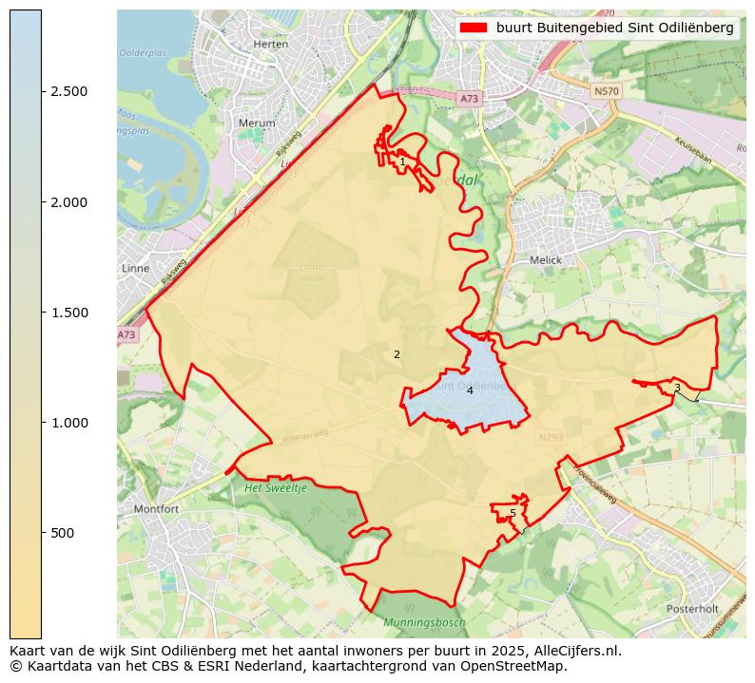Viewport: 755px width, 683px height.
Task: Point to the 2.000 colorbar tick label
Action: (x=69, y=202)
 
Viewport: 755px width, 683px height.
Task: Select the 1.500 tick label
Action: (x=69, y=313)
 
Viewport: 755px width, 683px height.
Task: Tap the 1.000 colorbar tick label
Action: (x=69, y=423)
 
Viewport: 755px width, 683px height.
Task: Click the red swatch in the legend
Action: (x=474, y=28)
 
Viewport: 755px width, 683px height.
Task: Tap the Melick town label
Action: (x=546, y=260)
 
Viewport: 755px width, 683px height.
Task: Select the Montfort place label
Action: (x=156, y=509)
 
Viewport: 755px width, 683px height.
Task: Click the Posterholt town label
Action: (x=691, y=609)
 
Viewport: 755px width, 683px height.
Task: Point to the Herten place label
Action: (x=271, y=45)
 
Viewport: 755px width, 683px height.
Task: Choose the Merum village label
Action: (x=257, y=123)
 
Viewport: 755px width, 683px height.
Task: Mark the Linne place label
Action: (x=136, y=269)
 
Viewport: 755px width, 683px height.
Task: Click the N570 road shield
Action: (x=605, y=91)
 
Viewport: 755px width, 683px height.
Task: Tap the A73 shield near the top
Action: (x=469, y=98)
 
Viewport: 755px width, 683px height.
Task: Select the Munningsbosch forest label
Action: (x=424, y=622)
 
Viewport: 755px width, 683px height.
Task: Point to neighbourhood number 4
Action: (x=470, y=390)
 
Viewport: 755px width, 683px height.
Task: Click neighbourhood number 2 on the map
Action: (x=397, y=354)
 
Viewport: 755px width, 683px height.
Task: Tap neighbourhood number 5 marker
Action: (x=513, y=513)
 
